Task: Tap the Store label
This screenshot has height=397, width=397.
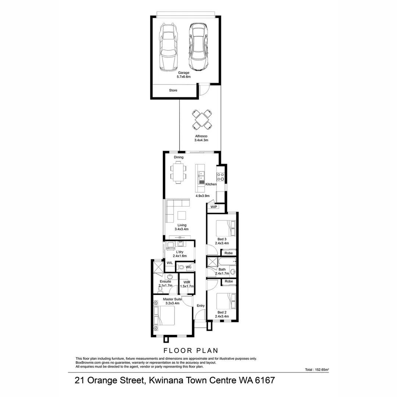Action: point(173,90)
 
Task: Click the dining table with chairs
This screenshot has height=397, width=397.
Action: point(179,172)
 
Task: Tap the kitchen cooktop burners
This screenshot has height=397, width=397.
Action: point(221,176)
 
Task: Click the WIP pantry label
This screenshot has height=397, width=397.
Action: point(214,207)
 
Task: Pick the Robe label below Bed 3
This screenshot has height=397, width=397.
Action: point(229,253)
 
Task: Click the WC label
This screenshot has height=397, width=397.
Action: point(189,267)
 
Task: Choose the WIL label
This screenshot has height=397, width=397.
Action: point(170,263)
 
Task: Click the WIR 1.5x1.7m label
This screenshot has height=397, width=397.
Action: point(187,284)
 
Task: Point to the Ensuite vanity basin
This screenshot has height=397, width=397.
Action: point(170,277)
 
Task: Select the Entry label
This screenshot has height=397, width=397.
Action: point(201,306)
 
